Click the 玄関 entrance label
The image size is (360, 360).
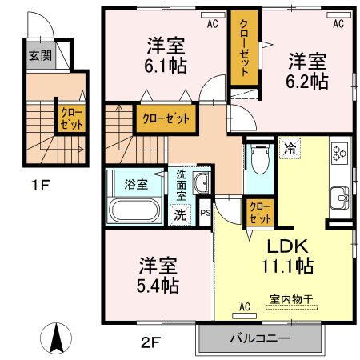point(40,56)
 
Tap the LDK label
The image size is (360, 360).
point(282,246)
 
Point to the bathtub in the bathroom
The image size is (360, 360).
point(136,211)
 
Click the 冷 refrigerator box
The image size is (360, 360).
point(289,149)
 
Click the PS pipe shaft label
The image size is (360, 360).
point(204,213)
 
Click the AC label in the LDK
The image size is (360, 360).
point(245,306)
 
